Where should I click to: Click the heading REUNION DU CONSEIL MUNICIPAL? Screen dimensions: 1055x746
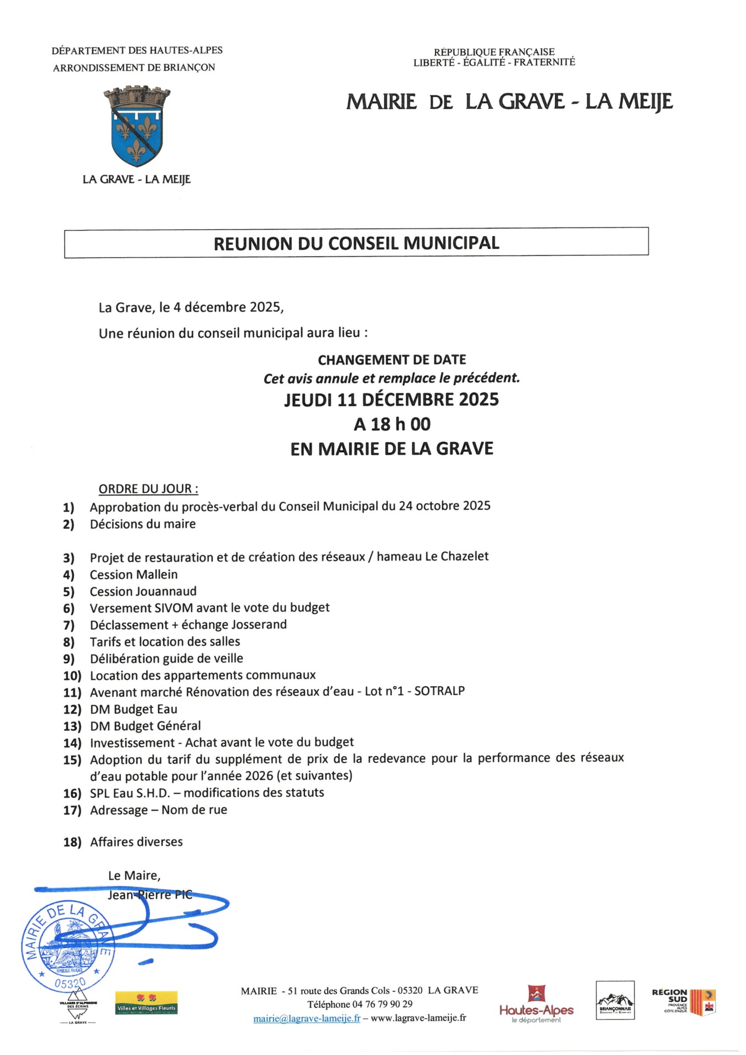click(356, 243)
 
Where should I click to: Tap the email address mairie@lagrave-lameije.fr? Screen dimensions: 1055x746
click(307, 1018)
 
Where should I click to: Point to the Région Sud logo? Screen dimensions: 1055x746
click(683, 1002)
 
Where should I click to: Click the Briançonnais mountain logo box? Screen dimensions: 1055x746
click(615, 1001)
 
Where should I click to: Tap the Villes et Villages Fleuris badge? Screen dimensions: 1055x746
click(146, 1003)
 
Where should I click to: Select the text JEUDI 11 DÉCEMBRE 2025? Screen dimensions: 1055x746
click(391, 399)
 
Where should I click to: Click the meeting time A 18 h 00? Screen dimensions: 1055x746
click(392, 424)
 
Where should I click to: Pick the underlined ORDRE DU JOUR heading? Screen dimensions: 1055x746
click(148, 488)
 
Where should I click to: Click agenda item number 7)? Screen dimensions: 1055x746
click(69, 625)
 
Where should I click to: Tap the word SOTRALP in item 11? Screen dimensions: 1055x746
click(439, 691)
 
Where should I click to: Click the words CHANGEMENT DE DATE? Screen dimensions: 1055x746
click(392, 360)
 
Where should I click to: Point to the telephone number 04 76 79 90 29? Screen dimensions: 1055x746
click(382, 1004)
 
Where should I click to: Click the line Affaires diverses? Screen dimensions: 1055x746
click(136, 842)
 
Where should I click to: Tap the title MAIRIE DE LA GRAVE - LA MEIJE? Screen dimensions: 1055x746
click(509, 102)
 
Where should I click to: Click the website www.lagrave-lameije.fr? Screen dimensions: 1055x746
click(418, 1018)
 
